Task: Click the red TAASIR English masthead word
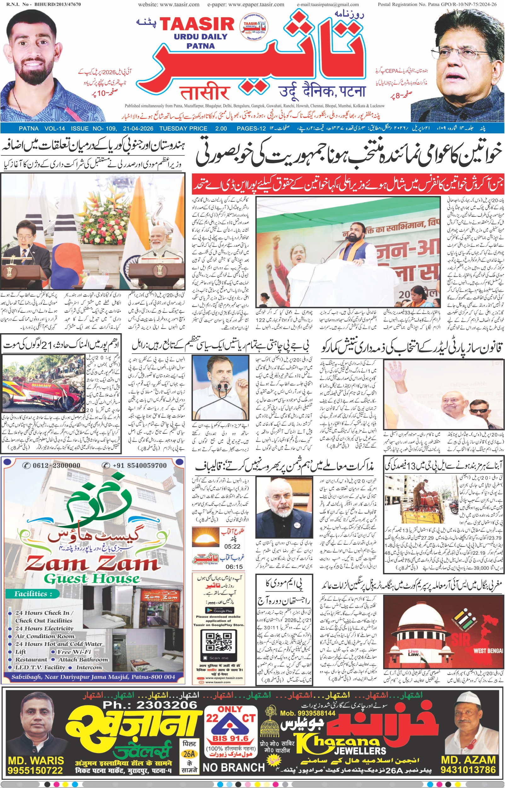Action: tap(197, 25)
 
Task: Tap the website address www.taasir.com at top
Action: tap(169, 5)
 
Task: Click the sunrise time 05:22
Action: tap(232, 546)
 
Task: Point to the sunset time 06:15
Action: tap(234, 566)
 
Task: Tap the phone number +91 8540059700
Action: tap(135, 465)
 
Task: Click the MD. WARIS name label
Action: tap(36, 760)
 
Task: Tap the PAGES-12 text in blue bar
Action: tap(251, 128)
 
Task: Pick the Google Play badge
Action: tap(219, 610)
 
